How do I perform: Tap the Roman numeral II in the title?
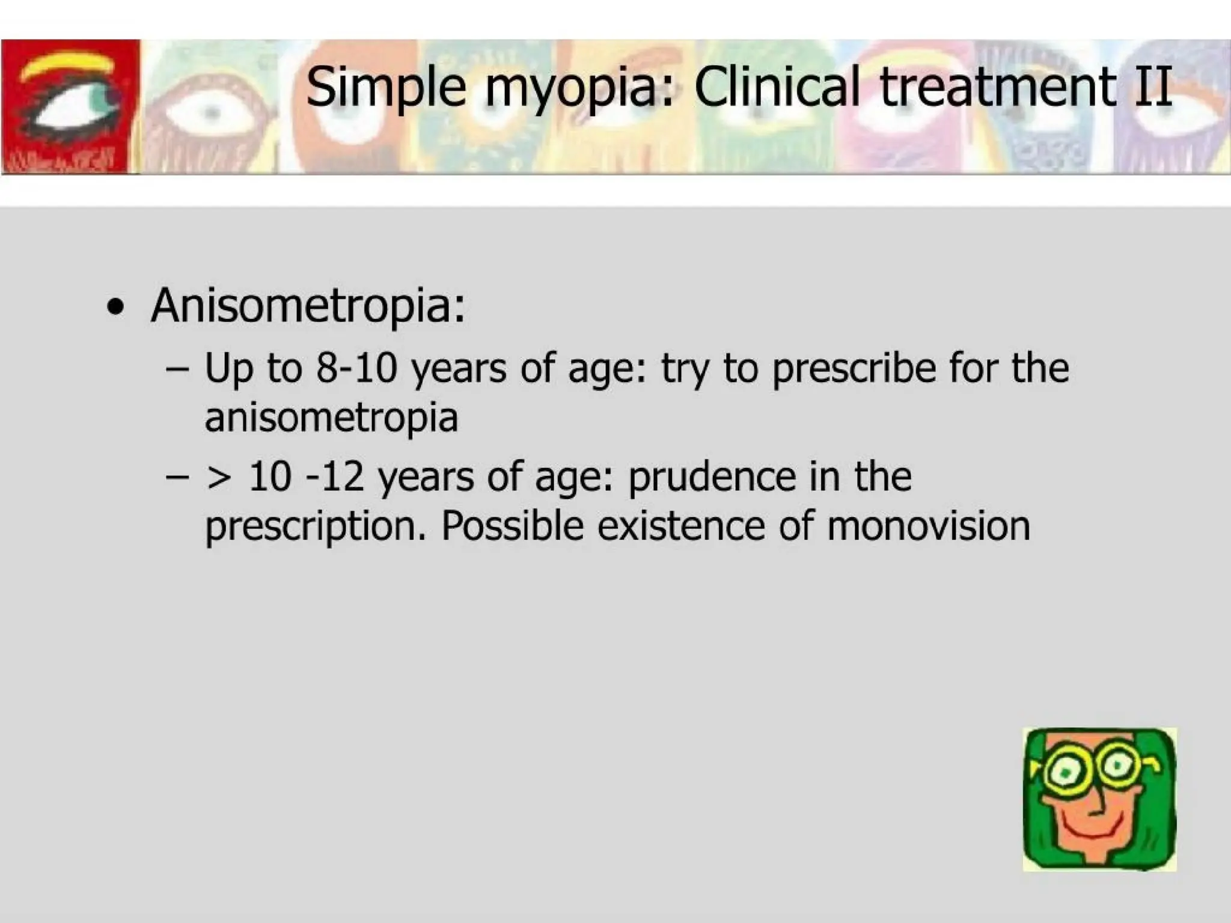[x=1153, y=87]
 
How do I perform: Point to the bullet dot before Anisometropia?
[x=115, y=308]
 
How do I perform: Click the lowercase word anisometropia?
[x=331, y=417]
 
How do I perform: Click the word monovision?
[x=928, y=526]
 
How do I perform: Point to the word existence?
[x=680, y=526]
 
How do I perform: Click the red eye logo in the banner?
[x=70, y=106]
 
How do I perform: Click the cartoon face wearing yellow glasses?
[x=1099, y=799]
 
